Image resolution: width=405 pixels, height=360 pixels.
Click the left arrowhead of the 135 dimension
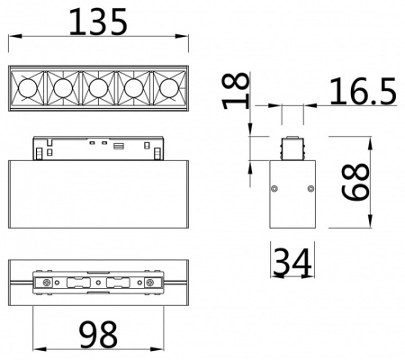(11, 37)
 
